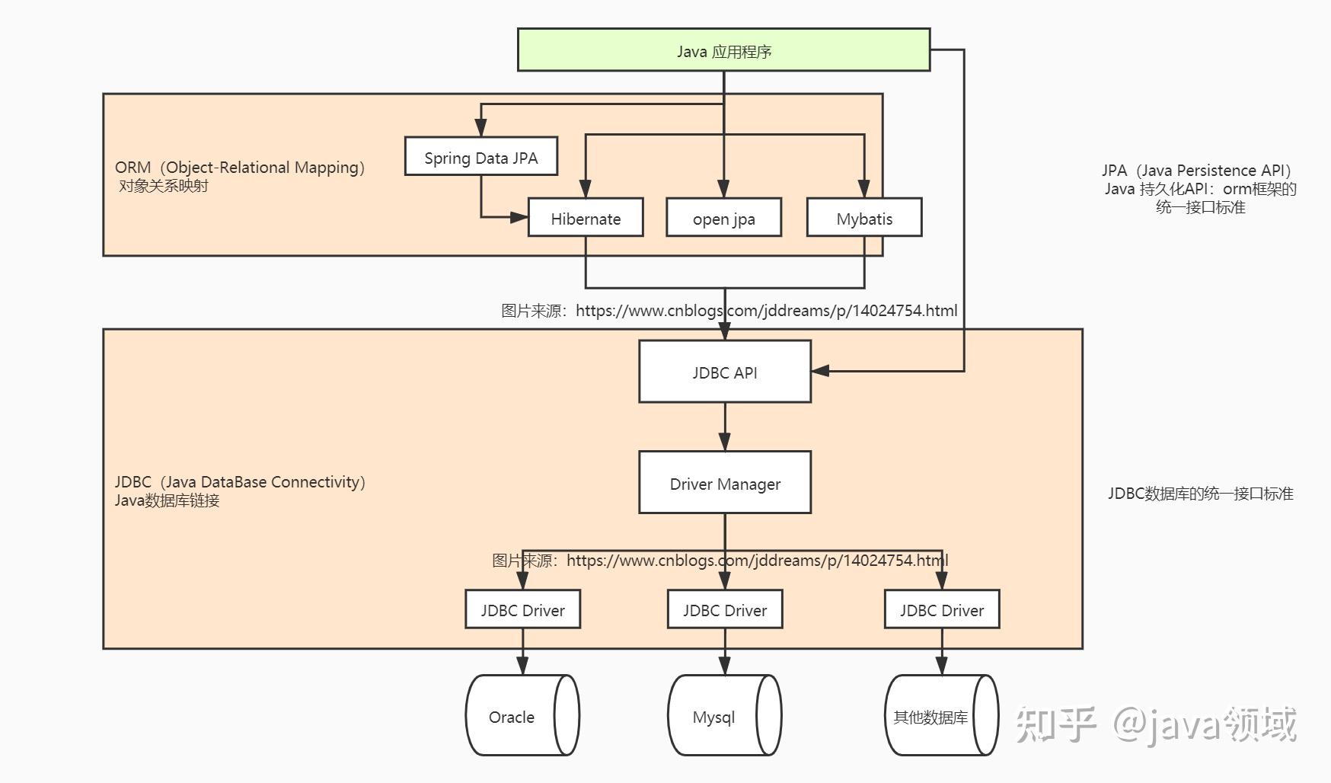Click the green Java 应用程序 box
point(723,50)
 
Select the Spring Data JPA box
point(480,157)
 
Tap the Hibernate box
point(586,218)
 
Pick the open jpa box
point(723,218)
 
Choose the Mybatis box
point(863,218)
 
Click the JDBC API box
point(724,372)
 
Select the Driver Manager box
point(724,483)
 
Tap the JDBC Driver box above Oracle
point(522,609)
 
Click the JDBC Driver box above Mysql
point(724,609)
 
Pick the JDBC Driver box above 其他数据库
point(941,609)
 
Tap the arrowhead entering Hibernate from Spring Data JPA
point(519,217)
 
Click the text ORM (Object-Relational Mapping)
point(241,168)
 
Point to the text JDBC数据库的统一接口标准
point(1200,494)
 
